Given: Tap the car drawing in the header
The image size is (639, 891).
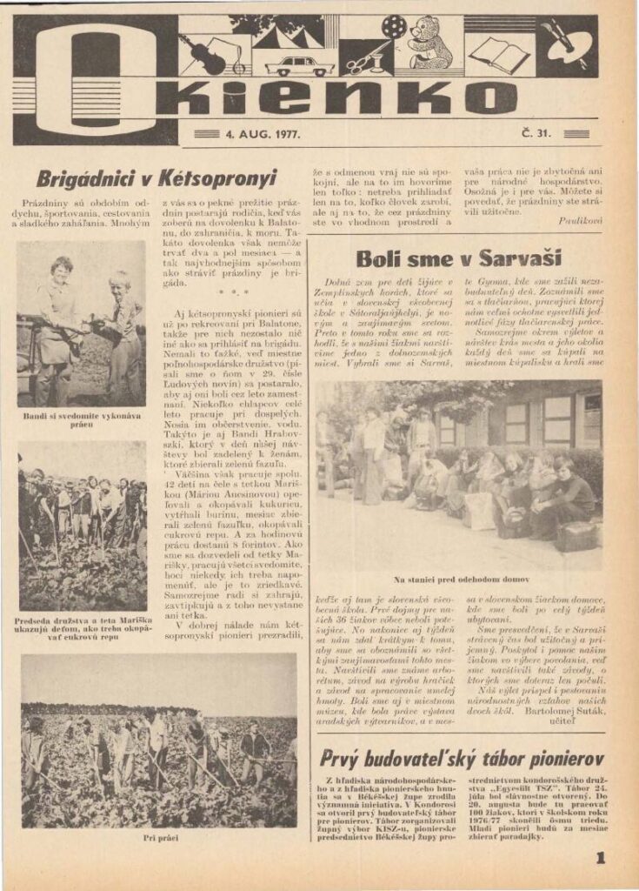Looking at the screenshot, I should [299, 65].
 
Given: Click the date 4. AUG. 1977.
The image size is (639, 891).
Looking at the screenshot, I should [262, 134].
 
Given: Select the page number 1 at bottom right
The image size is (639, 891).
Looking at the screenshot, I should [600, 858].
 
